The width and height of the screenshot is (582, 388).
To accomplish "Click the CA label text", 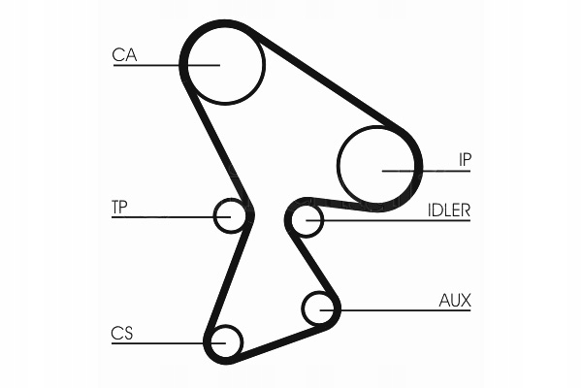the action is click(124, 54).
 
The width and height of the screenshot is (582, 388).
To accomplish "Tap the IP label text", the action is click(465, 160).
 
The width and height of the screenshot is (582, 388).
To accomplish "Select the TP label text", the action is click(119, 208).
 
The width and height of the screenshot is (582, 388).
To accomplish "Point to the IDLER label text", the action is click(449, 210).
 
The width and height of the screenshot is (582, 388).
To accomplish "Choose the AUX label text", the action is click(455, 301).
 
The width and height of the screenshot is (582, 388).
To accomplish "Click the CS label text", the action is click(122, 334).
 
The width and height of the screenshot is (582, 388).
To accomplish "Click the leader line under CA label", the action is click(166, 65).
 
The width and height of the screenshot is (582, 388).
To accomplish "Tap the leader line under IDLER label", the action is click(388, 220).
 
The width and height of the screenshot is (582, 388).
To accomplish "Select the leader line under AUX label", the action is click(396, 310).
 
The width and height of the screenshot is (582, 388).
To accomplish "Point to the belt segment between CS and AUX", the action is click(283, 342).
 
